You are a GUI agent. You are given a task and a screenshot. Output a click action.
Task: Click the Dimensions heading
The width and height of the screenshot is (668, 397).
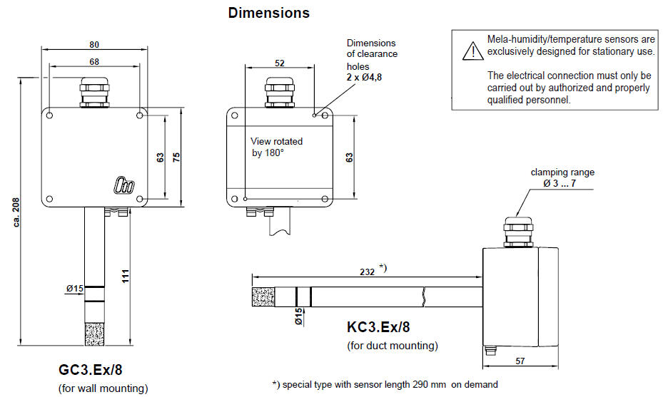point(268,13)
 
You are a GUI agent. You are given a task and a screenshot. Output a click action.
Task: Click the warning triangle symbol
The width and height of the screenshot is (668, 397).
point(471,49)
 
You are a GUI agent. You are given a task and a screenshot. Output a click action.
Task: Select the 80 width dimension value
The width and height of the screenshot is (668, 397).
point(94,44)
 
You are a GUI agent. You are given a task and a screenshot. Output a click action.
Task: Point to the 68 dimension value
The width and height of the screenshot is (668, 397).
point(94,62)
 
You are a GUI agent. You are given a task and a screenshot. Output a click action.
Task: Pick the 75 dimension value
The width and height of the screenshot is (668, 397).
point(176,157)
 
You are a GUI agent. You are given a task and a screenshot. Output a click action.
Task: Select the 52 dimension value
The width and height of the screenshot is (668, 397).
point(280,63)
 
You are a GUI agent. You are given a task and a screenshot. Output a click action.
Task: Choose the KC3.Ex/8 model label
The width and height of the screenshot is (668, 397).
point(378,328)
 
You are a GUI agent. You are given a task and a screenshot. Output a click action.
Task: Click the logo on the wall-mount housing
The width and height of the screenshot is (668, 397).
point(122,184)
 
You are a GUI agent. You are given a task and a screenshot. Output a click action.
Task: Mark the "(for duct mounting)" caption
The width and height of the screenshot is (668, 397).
point(392,346)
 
